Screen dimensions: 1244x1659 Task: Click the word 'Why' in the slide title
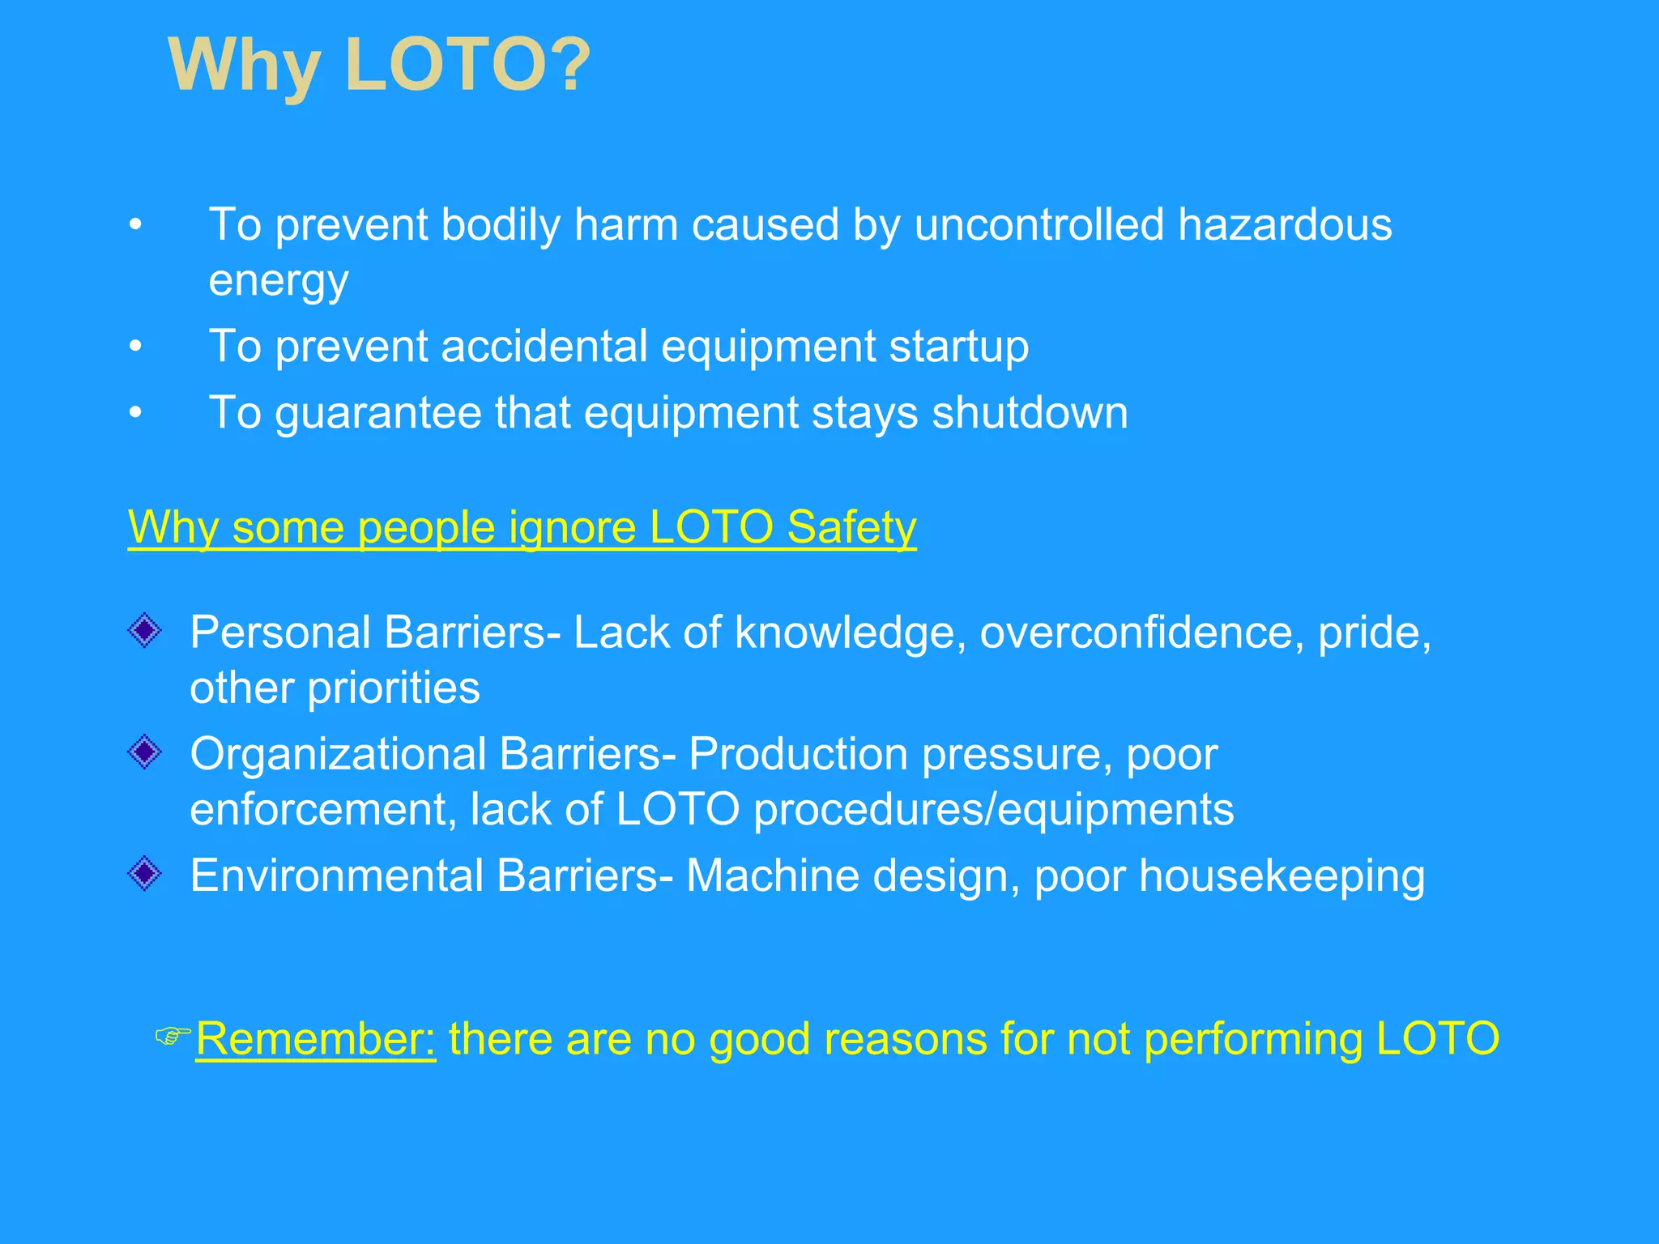244,66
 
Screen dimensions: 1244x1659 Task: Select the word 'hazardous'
1285,224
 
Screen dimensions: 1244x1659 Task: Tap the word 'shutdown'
1029,413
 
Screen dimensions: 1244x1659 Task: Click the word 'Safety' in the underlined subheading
851,527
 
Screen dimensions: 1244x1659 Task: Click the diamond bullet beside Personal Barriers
145,630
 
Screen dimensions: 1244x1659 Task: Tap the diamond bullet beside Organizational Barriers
145,752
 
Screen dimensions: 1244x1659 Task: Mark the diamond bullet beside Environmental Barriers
145,874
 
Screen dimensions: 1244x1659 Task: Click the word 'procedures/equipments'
993,809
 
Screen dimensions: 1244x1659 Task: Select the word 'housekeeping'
1282,876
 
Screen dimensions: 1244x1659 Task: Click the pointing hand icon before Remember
173,1035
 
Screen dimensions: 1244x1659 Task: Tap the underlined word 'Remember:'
316,1039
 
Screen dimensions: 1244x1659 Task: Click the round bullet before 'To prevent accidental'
135,347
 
